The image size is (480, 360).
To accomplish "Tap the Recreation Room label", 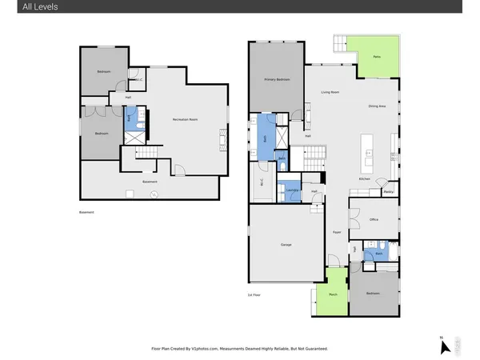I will [x=186, y=119].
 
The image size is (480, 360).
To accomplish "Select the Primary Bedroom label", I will [x=276, y=80].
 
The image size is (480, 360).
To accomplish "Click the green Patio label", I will [x=377, y=57].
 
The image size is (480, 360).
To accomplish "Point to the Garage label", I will [x=286, y=244].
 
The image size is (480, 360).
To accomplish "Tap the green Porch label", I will [x=331, y=294].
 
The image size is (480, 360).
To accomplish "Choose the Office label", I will [x=373, y=219].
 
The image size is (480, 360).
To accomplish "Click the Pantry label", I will [x=388, y=191].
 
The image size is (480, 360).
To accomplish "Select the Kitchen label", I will [x=364, y=179].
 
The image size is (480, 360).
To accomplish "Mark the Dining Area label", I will [x=377, y=106].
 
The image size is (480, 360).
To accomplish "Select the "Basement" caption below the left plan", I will [x=86, y=212].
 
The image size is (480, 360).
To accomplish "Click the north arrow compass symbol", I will [x=444, y=346].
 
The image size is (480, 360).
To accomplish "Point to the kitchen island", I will [x=369, y=150].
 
